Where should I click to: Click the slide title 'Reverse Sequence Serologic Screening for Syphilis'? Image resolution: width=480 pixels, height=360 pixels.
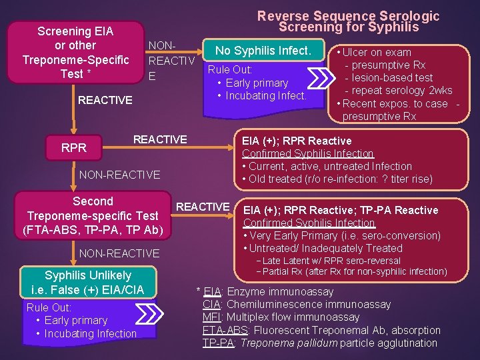click(x=348, y=21)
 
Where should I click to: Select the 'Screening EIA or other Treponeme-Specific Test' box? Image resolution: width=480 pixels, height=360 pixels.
click(x=75, y=52)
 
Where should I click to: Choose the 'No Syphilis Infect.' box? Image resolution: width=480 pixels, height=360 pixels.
click(x=263, y=50)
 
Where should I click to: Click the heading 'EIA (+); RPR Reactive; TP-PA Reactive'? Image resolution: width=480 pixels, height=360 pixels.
click(x=341, y=210)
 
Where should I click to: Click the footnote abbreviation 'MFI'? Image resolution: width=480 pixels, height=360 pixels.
click(x=212, y=317)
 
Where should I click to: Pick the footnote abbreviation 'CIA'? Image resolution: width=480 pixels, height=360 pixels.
click(x=212, y=305)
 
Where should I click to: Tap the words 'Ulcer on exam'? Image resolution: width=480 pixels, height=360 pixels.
click(x=377, y=52)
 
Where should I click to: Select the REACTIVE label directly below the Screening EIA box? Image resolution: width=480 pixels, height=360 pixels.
click(x=105, y=100)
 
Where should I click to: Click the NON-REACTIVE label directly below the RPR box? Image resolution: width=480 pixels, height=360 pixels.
click(x=119, y=175)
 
